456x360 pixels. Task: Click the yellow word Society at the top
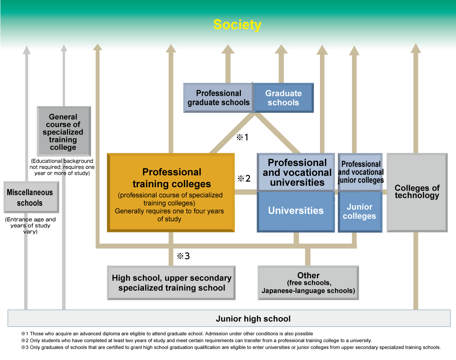point(237,25)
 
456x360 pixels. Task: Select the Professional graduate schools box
point(218,98)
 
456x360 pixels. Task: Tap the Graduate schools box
point(283,98)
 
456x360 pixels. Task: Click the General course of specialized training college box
point(63,132)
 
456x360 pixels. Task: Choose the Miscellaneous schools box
point(30,197)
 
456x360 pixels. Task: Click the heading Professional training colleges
point(171,178)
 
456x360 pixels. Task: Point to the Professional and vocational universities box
point(297,172)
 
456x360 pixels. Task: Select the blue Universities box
point(296,211)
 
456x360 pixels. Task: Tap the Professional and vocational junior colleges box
point(360,172)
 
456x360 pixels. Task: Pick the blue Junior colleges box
point(359,212)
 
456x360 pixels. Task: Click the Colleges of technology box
point(417,192)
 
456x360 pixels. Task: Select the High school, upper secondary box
point(171,283)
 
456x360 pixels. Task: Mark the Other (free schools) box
point(308,283)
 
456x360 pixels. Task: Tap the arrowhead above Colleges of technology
point(416,48)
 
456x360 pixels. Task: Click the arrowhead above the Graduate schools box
point(281,49)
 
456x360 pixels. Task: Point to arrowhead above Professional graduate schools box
point(228,49)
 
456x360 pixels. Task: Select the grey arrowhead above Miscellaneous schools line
point(26,49)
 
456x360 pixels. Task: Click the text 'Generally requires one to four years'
point(169,211)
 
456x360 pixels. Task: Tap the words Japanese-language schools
point(308,291)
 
